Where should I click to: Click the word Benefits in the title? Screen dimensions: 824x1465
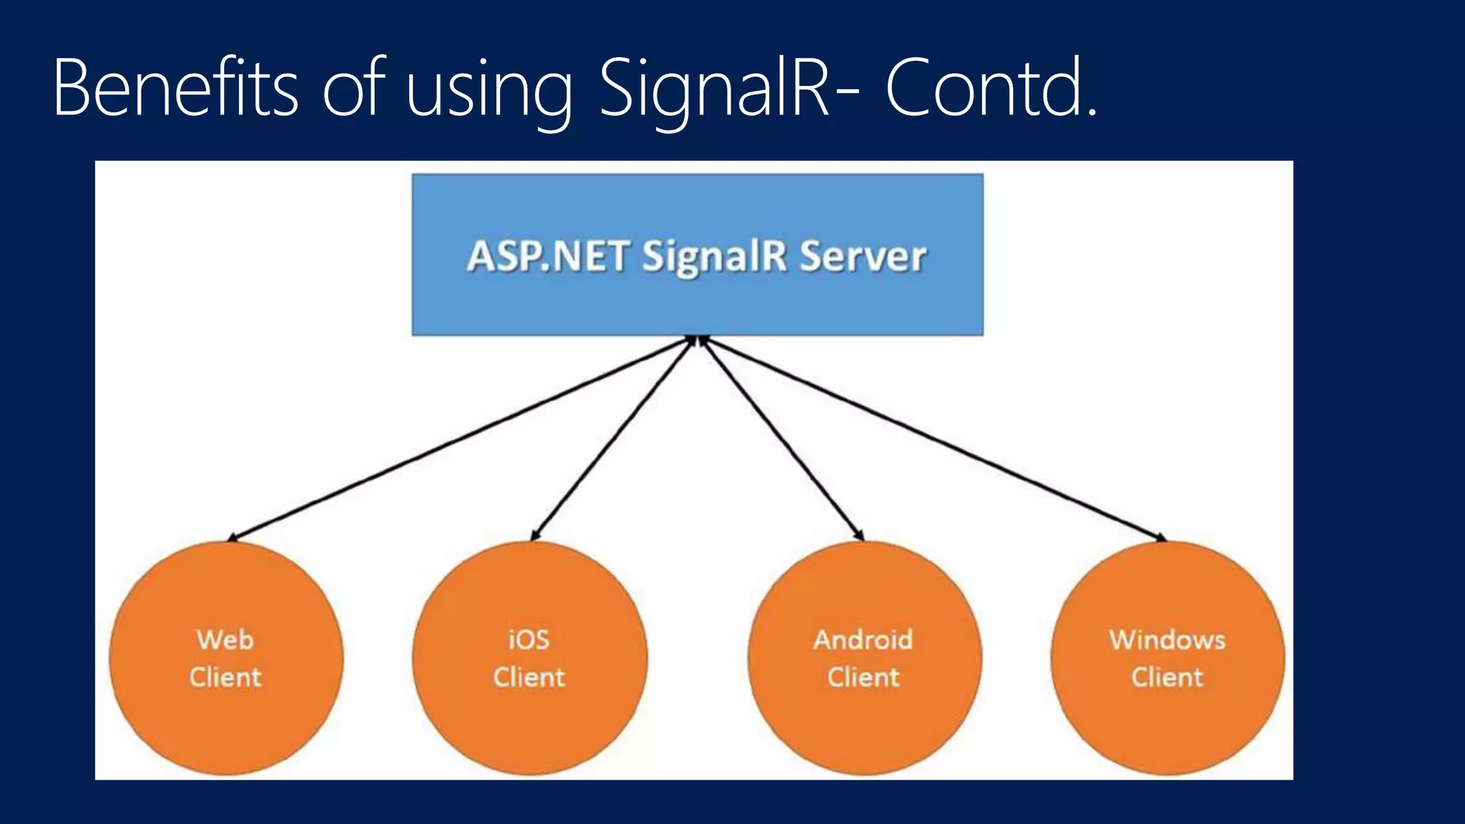click(x=175, y=89)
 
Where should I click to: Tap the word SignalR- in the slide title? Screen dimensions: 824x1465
click(x=714, y=89)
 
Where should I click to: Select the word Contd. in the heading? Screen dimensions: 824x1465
click(x=991, y=89)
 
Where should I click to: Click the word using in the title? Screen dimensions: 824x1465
click(x=489, y=93)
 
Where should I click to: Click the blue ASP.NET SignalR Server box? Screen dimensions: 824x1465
click(x=697, y=300)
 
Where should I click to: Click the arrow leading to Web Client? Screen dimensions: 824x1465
click(x=458, y=438)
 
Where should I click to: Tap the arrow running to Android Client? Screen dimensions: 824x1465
click(x=781, y=438)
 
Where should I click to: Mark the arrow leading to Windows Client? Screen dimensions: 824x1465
click(x=930, y=438)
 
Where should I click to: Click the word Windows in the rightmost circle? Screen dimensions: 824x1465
click(x=1167, y=639)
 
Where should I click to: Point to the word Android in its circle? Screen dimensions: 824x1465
click(x=863, y=639)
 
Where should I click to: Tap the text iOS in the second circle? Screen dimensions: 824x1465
click(x=529, y=639)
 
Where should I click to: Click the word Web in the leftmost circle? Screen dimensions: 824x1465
click(x=225, y=639)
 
